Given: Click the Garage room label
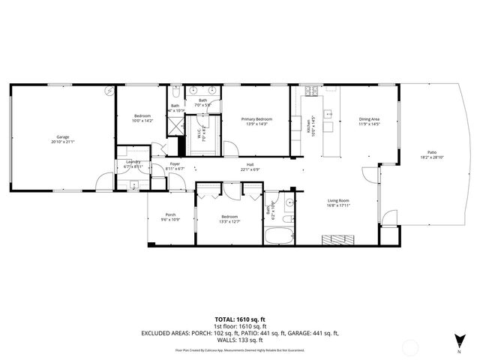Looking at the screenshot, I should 62,136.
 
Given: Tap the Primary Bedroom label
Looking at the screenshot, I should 256,119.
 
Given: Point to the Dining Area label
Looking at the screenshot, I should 368,119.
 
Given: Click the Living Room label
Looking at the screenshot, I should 338,200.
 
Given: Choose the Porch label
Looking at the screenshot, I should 170,214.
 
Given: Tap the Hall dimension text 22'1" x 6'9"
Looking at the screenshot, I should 249,169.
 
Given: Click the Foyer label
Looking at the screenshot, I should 175,163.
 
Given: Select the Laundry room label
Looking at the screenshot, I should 133,162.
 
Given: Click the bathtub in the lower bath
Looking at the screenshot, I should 278,235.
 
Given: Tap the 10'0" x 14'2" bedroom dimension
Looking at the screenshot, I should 142,120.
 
